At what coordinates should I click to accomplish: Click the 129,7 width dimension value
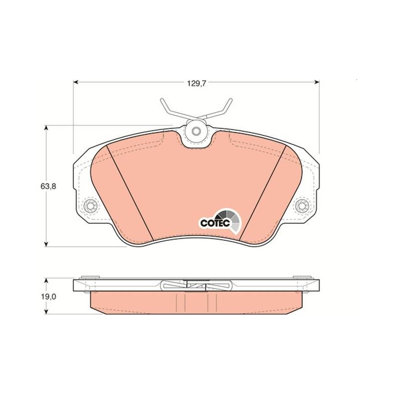(x=196, y=83)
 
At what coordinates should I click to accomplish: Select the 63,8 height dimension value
(x=48, y=187)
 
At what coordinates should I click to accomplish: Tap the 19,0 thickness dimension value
(x=48, y=297)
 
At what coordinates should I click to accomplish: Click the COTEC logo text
(x=215, y=223)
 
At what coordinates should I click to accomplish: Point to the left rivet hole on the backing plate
(x=90, y=206)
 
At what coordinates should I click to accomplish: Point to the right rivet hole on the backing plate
(x=301, y=206)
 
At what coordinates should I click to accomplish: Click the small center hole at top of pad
(x=196, y=131)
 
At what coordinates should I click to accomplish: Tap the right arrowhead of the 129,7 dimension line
(x=317, y=82)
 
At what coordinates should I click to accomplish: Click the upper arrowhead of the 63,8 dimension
(x=46, y=128)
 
